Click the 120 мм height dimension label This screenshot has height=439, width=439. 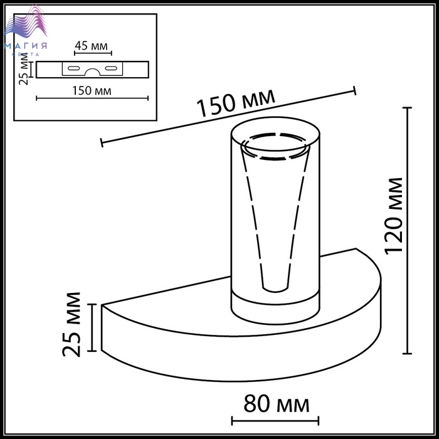click(x=394, y=216)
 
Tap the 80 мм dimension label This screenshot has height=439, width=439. click(x=277, y=404)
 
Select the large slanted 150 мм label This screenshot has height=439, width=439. click(x=236, y=102)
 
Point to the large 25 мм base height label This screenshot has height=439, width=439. click(x=71, y=324)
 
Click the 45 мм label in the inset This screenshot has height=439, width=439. click(x=92, y=46)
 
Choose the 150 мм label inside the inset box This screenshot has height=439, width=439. click(x=92, y=91)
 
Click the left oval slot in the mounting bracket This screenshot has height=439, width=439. click(x=74, y=68)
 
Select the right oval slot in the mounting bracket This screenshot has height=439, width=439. click(x=111, y=68)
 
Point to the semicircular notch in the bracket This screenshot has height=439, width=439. click(x=92, y=70)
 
